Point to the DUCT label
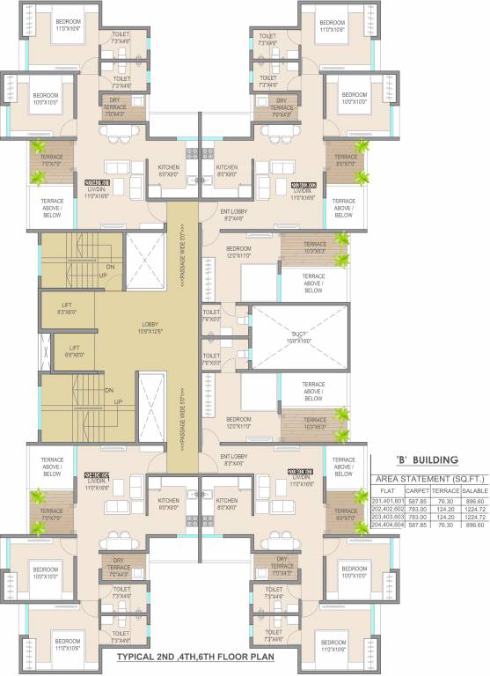pos(300,334)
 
